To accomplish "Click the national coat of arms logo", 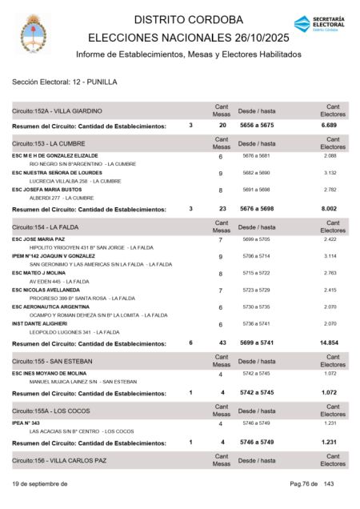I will [34, 31].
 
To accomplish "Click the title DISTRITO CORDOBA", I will [188, 19].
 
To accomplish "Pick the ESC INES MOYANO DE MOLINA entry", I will [60, 373].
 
